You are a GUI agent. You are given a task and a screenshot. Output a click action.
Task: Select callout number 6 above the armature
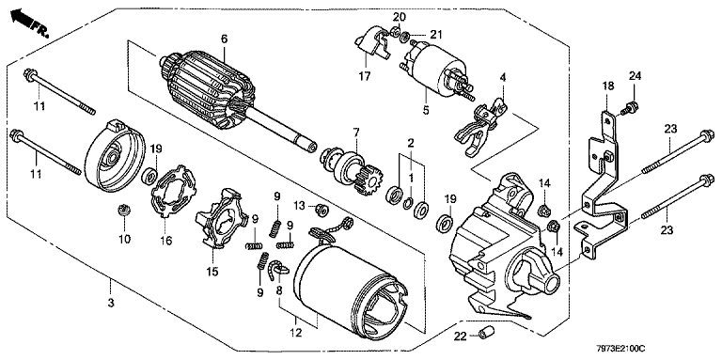click(224, 39)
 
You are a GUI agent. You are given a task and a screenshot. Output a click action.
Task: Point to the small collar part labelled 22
click(485, 332)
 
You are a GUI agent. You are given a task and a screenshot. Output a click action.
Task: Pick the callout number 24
click(636, 75)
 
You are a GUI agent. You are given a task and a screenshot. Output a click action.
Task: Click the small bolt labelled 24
click(629, 110)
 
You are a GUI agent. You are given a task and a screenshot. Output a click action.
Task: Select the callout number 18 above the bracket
click(607, 86)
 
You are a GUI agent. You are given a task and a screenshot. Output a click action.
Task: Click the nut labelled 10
click(124, 210)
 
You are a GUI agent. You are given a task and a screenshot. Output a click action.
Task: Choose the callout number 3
click(111, 303)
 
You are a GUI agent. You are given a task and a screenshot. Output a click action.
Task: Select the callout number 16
click(166, 240)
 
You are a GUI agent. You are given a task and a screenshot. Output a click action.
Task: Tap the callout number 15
click(212, 272)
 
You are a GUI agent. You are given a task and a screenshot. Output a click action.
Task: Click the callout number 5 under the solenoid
click(426, 111)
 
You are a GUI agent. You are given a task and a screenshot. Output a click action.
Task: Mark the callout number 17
click(365, 76)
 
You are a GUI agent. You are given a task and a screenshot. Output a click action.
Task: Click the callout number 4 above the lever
click(503, 77)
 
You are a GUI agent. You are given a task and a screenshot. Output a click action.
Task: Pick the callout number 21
click(435, 34)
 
